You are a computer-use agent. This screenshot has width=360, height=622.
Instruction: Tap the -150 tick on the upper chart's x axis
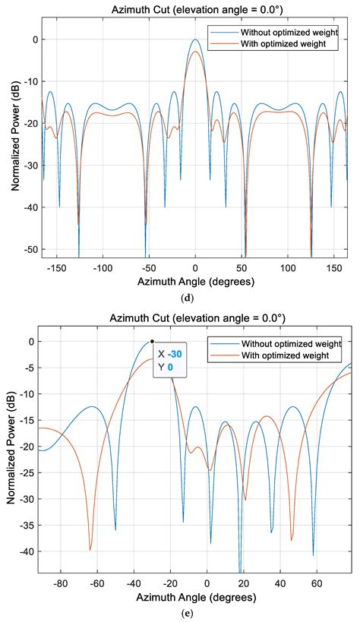(x=57, y=268)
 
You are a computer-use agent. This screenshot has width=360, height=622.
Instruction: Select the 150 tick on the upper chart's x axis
(x=333, y=268)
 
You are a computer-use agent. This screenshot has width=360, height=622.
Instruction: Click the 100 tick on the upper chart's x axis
(x=288, y=268)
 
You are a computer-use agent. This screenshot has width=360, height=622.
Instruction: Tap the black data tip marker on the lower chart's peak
(x=152, y=342)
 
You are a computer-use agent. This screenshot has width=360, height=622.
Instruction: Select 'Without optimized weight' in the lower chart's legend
(x=288, y=343)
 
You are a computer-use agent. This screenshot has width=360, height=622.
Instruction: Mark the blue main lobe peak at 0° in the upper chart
(x=195, y=39)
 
